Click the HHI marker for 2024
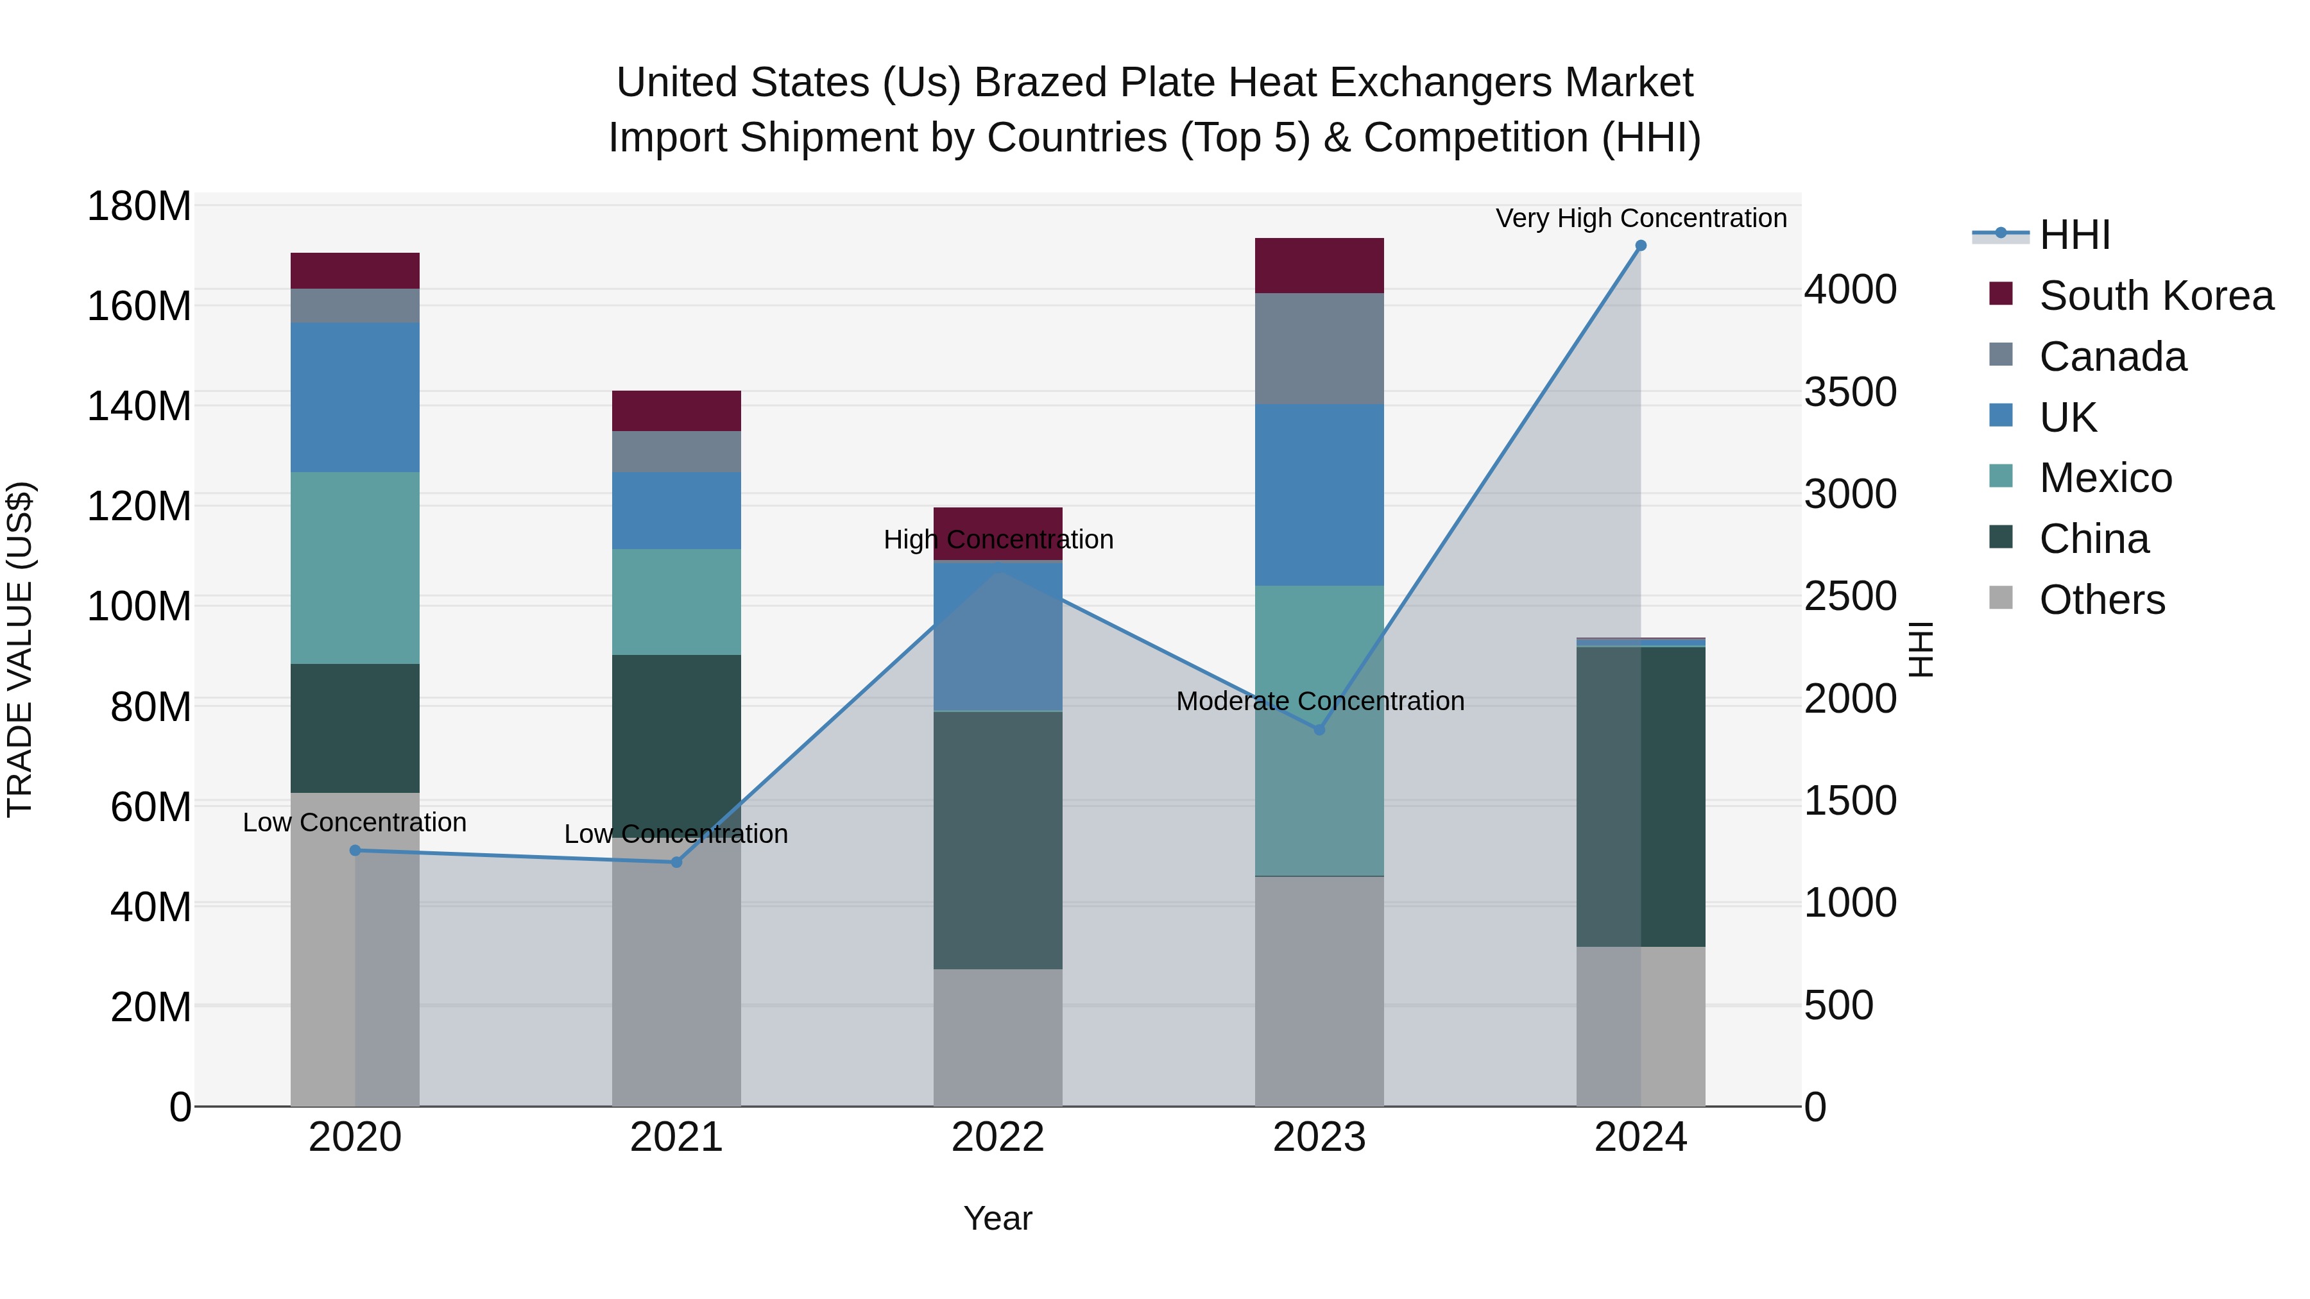(x=1640, y=246)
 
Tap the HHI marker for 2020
(x=355, y=850)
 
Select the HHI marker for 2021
(x=676, y=862)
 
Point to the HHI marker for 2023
(x=1319, y=730)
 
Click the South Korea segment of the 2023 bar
(x=1319, y=266)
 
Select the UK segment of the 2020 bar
(x=355, y=397)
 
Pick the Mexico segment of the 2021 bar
(x=676, y=602)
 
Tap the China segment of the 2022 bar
(x=997, y=840)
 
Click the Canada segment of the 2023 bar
(x=1319, y=349)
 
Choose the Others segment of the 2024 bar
(x=1640, y=1026)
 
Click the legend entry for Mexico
(x=2105, y=478)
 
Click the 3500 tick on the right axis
(x=1850, y=392)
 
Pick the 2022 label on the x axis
(x=997, y=1137)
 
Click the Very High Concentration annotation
(x=1640, y=218)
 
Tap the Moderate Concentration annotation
(x=1319, y=701)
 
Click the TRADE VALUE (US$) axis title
(x=20, y=649)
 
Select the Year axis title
(x=997, y=1218)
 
